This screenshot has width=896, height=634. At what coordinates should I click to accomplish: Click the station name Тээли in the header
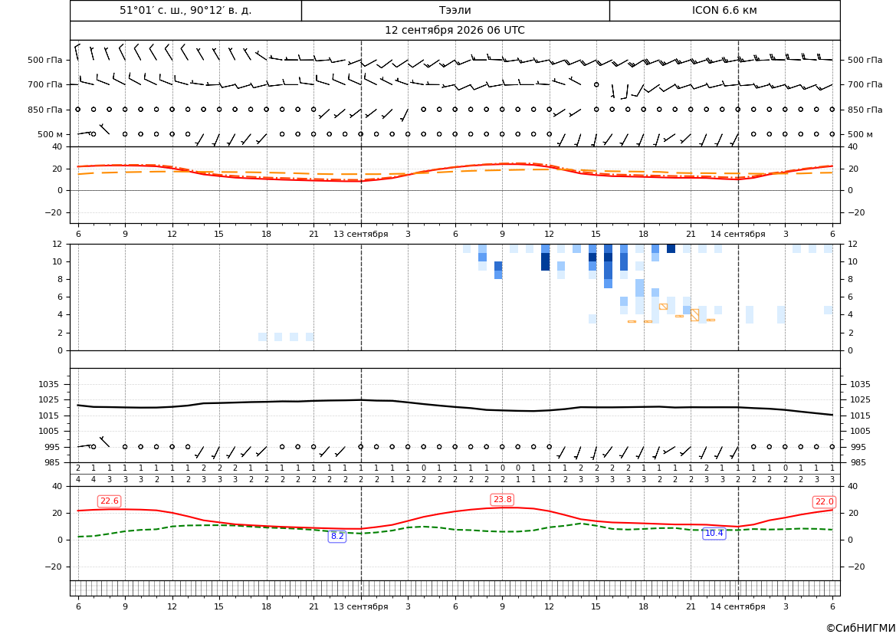455,10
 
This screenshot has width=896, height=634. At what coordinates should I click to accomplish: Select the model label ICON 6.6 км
724,10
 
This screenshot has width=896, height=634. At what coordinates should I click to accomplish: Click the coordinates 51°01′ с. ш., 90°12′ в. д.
185,10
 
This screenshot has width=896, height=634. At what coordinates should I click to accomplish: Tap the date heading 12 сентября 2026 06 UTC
455,31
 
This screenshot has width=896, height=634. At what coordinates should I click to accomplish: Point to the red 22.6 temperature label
109,501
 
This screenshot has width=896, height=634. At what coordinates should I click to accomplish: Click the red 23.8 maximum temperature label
502,500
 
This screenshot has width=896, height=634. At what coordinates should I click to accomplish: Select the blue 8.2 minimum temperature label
337,536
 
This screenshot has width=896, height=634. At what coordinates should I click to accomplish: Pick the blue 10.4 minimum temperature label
714,534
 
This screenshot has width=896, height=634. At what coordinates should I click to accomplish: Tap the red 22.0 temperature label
824,502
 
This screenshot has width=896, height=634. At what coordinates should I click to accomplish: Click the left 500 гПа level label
45,60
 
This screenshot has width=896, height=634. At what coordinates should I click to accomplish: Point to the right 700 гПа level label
865,84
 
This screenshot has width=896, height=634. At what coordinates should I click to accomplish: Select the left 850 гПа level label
45,110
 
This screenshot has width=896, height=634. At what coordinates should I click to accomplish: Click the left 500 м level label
50,134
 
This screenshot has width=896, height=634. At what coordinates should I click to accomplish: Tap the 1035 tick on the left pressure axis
46,384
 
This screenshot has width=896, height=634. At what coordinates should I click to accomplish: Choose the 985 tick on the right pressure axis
857,462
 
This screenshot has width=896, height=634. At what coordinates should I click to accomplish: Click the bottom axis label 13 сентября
360,606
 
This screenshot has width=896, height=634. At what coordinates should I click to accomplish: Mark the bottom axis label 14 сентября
737,606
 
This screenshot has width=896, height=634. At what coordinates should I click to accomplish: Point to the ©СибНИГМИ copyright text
861,628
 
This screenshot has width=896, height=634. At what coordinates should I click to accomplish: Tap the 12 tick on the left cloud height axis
57,244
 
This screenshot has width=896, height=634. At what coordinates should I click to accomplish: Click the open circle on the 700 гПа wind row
596,84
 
